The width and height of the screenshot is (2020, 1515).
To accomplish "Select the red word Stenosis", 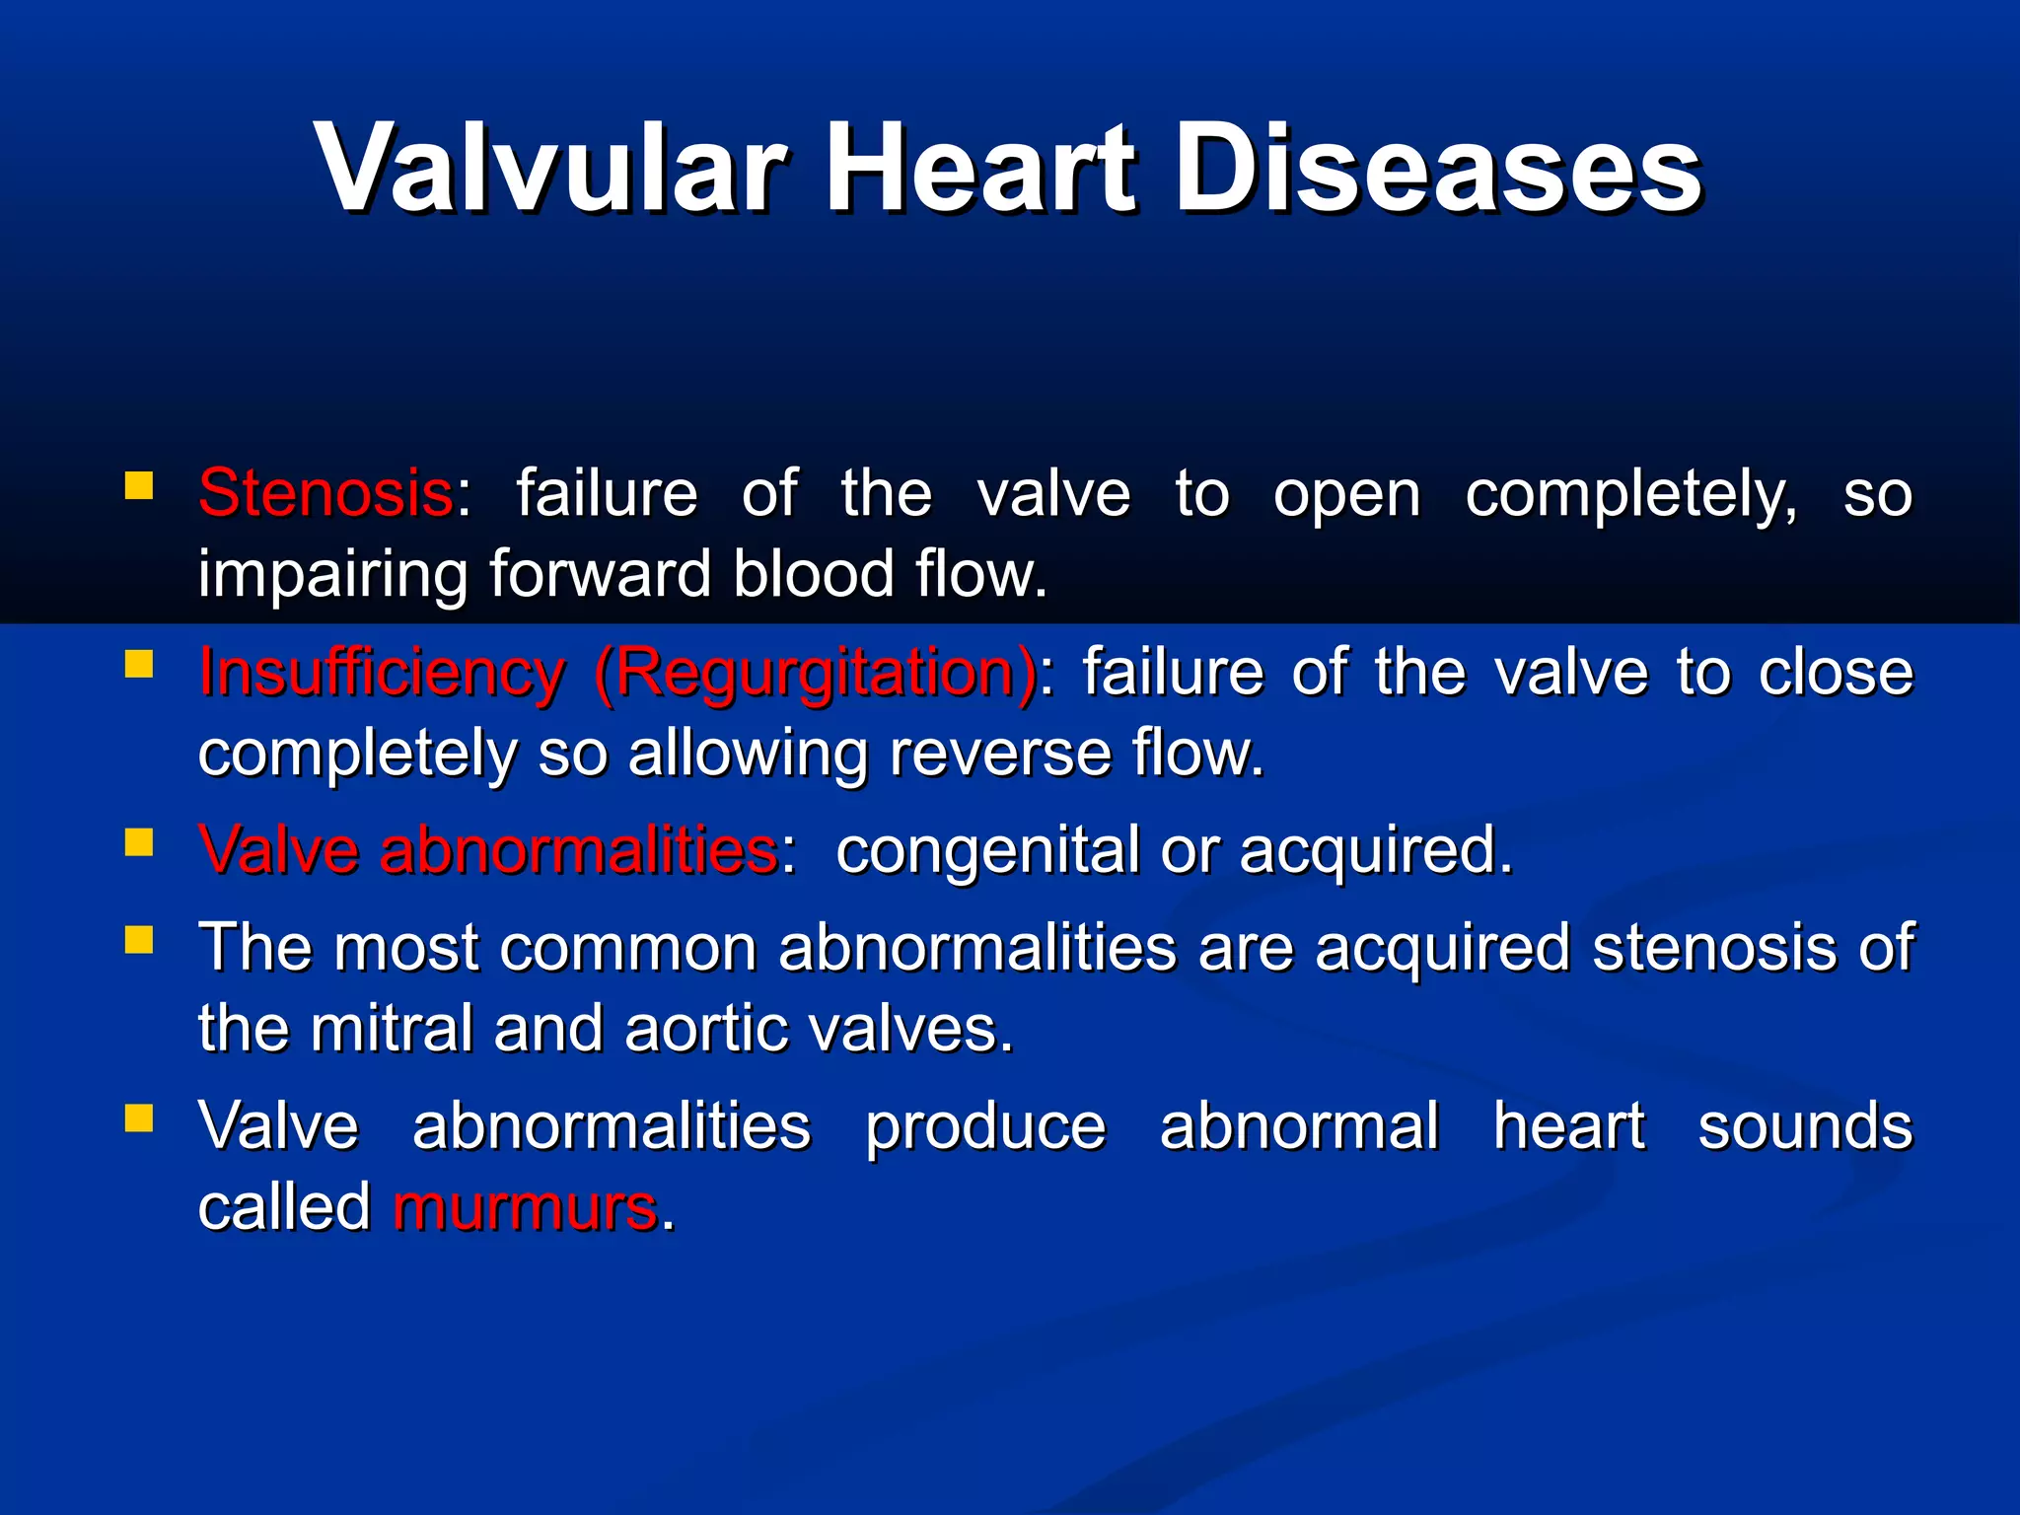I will tap(325, 493).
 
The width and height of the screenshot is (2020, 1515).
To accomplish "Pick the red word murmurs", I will tap(525, 1206).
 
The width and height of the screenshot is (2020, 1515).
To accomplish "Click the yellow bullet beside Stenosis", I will tap(139, 485).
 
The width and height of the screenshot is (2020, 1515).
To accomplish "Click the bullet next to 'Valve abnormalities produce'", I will tap(139, 1118).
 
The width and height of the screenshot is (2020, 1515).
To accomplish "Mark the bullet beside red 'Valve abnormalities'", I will tap(139, 843).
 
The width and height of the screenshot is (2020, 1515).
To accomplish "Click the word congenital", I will tap(987, 851).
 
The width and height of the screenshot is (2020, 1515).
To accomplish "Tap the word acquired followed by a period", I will tap(1374, 851).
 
